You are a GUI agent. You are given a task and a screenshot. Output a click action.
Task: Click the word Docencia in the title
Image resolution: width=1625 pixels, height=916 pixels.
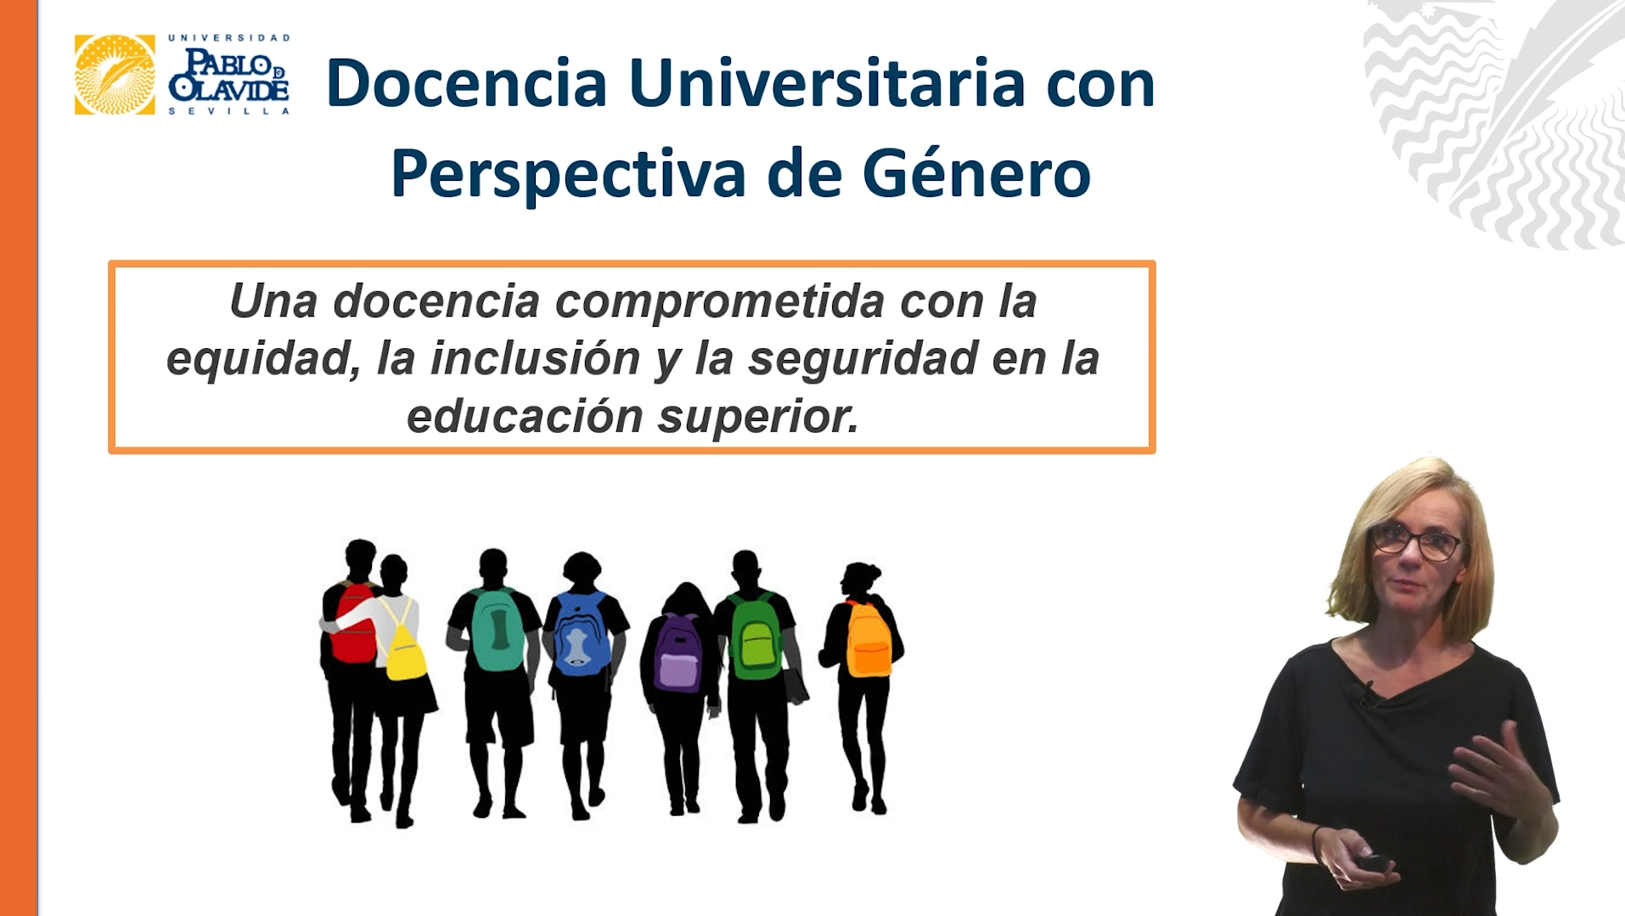point(466,83)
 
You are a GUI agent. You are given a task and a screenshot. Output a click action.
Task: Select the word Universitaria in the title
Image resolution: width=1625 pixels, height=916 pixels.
point(827,83)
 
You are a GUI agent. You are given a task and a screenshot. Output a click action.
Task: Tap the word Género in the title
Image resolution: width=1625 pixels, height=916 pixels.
point(976,173)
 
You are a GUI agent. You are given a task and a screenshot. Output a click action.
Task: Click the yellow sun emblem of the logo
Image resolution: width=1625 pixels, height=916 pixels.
point(115,75)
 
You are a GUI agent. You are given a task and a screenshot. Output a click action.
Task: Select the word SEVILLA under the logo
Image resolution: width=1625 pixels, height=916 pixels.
point(229,111)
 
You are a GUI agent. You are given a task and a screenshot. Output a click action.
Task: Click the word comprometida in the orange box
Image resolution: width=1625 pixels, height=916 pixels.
point(720,301)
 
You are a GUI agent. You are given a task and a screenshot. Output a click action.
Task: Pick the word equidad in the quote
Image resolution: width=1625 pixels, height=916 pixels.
point(262,359)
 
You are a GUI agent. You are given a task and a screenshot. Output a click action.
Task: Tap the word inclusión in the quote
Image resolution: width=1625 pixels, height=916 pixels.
point(535,357)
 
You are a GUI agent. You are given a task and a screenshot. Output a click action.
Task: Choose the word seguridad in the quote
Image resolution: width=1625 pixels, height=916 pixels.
point(863,359)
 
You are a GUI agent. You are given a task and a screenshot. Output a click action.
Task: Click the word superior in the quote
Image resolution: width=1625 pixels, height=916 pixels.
point(759,417)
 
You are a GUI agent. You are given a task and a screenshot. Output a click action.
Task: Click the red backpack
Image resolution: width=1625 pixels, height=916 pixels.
point(352,622)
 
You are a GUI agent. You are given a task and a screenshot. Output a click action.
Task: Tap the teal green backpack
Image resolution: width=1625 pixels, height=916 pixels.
point(497,630)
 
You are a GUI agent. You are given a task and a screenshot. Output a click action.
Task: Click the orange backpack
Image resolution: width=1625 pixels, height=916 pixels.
point(868,638)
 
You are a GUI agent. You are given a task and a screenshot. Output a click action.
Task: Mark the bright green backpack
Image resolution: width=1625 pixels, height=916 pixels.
point(755,637)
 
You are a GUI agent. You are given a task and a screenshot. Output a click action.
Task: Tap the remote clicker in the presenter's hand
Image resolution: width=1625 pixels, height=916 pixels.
point(1372,863)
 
